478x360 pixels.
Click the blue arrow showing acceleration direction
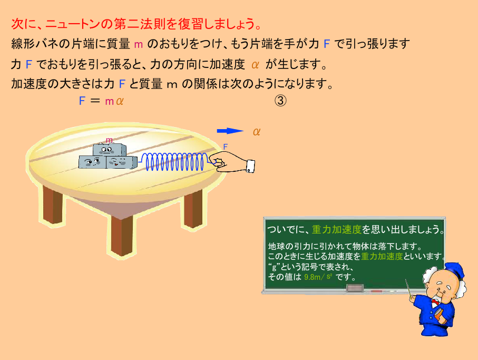tap(230, 131)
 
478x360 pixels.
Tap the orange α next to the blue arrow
tap(256, 132)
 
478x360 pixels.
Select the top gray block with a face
tap(109, 150)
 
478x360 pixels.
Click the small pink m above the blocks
tap(109, 140)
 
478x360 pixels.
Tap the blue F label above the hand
tap(226, 147)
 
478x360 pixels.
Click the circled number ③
tap(280, 101)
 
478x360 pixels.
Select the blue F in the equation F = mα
tap(82, 101)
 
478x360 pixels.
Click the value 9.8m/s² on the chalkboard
tap(318, 277)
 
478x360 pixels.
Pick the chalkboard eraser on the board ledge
tap(355, 287)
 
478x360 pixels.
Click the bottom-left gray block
tap(92, 162)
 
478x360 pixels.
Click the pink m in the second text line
tap(139, 44)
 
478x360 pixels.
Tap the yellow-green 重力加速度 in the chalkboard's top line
tap(337, 229)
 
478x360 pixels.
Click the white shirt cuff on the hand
tap(250, 166)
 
